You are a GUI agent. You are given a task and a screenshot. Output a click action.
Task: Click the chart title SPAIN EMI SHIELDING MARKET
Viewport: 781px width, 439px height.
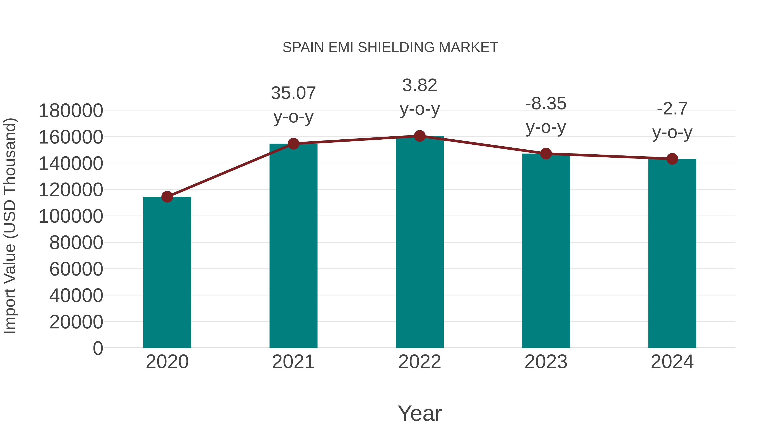point(390,47)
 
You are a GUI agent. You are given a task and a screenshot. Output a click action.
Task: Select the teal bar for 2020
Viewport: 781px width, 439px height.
point(167,273)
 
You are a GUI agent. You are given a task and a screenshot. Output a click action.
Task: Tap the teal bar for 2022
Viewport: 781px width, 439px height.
point(420,242)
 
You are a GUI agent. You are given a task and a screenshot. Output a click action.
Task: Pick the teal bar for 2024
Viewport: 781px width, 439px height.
point(672,255)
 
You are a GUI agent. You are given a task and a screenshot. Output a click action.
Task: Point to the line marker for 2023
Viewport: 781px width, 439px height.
point(546,154)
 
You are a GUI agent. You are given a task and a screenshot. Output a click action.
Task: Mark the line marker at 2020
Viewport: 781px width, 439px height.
point(167,197)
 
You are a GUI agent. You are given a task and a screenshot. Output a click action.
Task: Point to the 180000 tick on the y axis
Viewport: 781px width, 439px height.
point(71,111)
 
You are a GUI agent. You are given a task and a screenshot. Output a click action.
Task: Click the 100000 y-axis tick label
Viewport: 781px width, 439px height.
point(71,216)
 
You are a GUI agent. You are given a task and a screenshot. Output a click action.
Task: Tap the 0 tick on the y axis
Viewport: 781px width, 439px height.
point(98,348)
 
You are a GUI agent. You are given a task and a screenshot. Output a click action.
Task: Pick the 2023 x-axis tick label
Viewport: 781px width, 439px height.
point(546,362)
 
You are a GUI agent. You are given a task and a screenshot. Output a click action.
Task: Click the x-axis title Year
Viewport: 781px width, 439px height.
point(420,413)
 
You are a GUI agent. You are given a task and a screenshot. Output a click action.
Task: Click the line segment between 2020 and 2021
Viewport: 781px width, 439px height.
point(230,170)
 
